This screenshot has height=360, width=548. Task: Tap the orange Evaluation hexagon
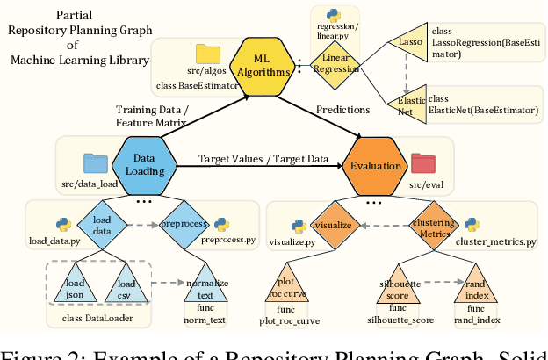(377, 165)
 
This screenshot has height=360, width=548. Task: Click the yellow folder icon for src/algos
(209, 53)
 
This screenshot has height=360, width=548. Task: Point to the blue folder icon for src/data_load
(94, 162)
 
